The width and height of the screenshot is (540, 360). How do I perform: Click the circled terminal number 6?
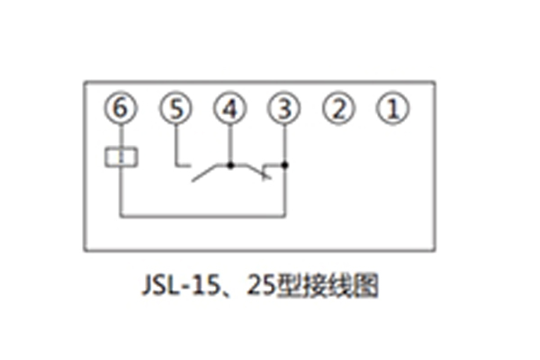121,109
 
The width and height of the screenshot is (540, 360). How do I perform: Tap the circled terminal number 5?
175,109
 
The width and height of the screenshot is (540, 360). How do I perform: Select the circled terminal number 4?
229,109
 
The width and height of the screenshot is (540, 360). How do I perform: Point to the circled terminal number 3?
284,109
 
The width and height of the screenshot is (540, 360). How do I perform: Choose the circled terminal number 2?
338,109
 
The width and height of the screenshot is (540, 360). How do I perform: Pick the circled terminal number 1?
392,109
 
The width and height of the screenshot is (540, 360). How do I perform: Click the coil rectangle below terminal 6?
121,157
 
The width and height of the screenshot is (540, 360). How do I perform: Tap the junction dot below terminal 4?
229,166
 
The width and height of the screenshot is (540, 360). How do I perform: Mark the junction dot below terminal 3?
284,166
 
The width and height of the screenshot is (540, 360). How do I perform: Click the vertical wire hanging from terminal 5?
175,144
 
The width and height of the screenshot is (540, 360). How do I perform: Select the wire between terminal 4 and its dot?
229,144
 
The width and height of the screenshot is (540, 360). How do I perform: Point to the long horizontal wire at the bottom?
202,216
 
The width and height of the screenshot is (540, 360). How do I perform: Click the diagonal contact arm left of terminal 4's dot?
211,173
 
